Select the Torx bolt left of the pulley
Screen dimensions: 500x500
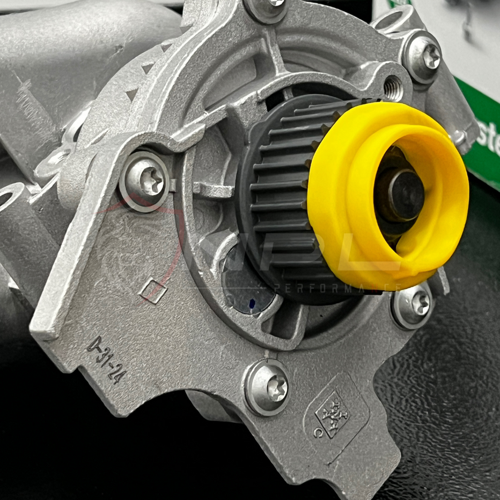[146, 181]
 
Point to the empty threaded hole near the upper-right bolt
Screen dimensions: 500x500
[393, 88]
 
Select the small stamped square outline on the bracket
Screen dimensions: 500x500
[153, 291]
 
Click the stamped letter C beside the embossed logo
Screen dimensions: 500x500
[317, 432]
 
